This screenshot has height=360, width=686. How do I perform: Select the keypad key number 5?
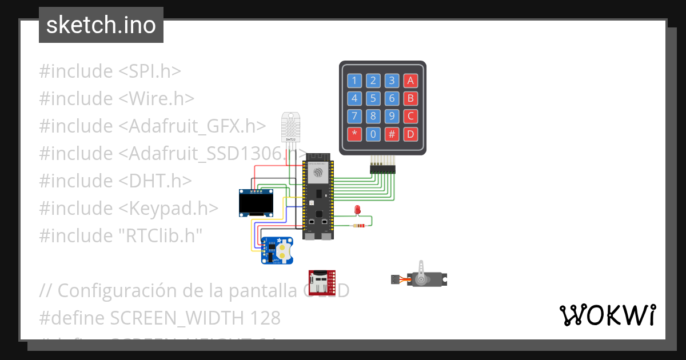(x=373, y=98)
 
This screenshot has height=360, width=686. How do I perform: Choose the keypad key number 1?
(x=355, y=81)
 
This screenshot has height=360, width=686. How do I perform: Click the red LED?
(x=358, y=210)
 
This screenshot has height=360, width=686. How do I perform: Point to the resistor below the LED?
(x=360, y=226)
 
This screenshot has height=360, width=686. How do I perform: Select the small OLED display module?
(x=256, y=203)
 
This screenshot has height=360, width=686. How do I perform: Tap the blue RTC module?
(x=277, y=250)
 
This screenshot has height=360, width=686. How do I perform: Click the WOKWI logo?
(x=607, y=315)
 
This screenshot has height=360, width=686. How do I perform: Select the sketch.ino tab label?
(x=101, y=25)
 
